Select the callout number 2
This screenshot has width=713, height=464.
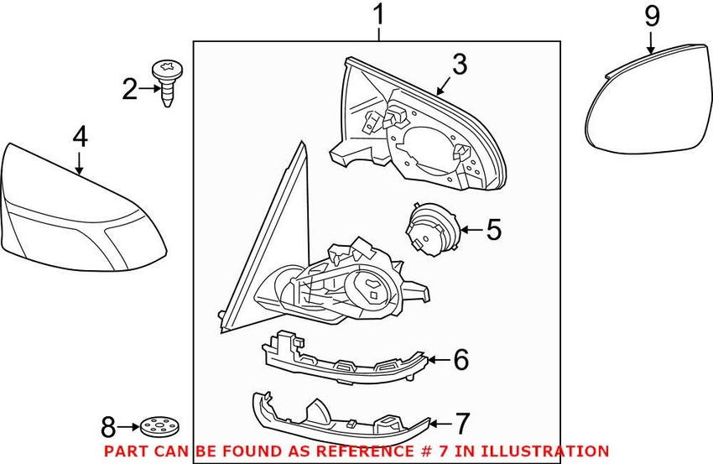point(129,89)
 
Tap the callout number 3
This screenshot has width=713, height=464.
point(460,65)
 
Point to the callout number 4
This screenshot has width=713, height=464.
point(80,137)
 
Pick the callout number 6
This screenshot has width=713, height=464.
point(461,360)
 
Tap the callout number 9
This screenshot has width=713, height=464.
point(652,16)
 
